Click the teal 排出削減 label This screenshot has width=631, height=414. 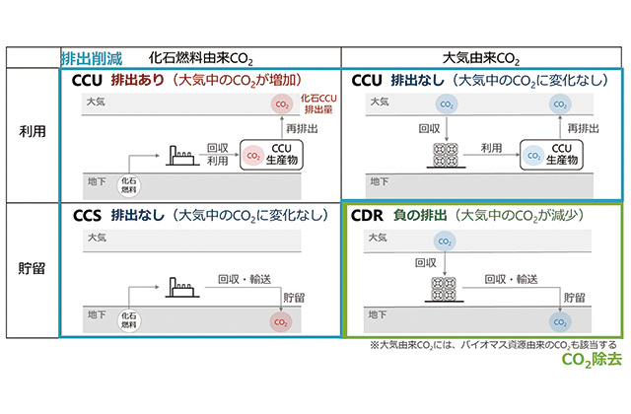[x=92, y=57]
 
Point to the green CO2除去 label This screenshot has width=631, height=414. [x=590, y=361]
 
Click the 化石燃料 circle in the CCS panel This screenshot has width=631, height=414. [x=128, y=318]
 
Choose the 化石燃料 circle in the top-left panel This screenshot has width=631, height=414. [x=128, y=185]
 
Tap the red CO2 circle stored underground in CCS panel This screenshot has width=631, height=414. [x=284, y=320]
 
